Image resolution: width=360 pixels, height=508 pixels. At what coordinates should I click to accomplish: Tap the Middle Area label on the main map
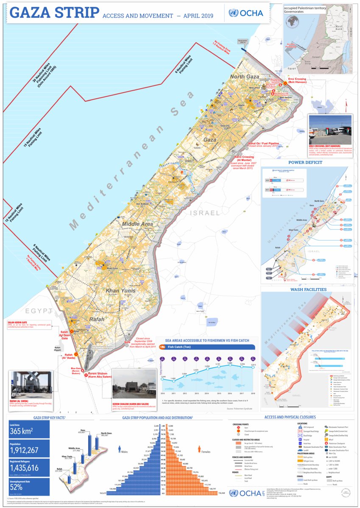pyautogui.click(x=137, y=223)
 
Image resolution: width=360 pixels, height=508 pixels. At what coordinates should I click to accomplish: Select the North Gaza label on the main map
pyautogui.click(x=244, y=76)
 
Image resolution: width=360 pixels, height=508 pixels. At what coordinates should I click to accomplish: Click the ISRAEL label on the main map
pyautogui.click(x=205, y=213)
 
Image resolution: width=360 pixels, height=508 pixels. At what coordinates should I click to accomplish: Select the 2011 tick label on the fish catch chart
pyautogui.click(x=173, y=394)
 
